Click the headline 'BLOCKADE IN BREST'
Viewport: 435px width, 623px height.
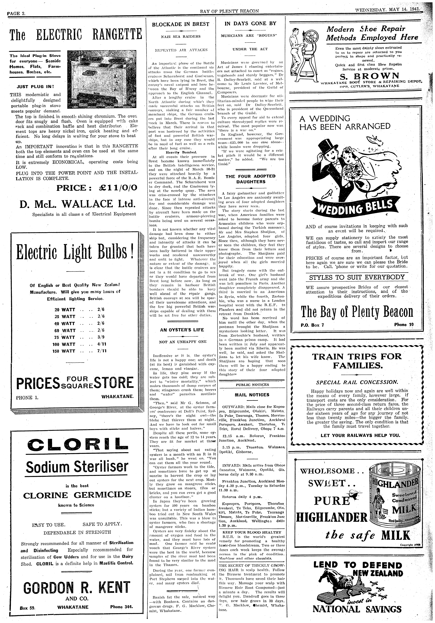(x=180, y=24)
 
